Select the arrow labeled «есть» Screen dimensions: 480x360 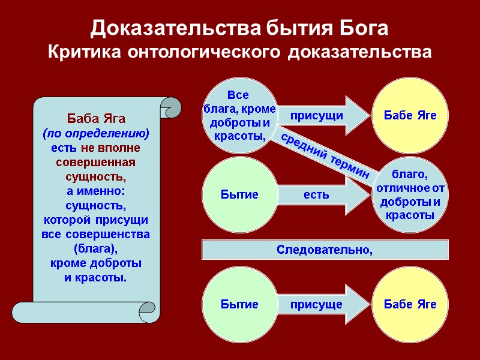click(x=324, y=194)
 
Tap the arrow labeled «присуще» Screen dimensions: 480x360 click(x=324, y=304)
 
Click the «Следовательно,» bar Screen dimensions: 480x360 click(x=325, y=250)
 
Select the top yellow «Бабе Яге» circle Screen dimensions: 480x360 click(x=410, y=115)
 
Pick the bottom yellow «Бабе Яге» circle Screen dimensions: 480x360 click(x=410, y=304)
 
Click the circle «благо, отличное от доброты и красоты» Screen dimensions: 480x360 click(x=410, y=194)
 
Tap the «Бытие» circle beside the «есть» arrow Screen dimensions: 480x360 click(x=240, y=194)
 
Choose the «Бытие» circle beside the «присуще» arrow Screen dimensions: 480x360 click(x=240, y=304)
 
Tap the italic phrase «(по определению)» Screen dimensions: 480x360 click(x=96, y=133)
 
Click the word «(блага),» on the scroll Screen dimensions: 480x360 click(x=96, y=248)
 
